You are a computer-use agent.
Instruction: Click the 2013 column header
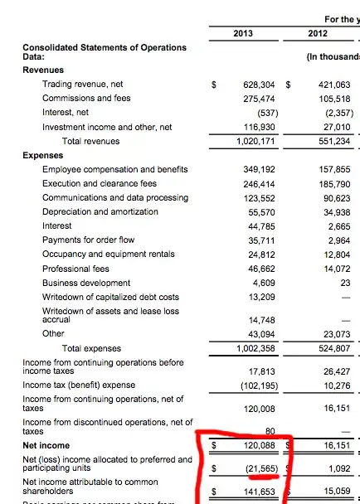pyautogui.click(x=243, y=33)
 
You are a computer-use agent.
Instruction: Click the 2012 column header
pyautogui.click(x=317, y=33)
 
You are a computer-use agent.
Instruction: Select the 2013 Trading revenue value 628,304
pyautogui.click(x=259, y=85)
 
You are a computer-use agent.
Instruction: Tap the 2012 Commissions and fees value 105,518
pyautogui.click(x=334, y=99)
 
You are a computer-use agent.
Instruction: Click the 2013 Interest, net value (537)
pyautogui.click(x=264, y=113)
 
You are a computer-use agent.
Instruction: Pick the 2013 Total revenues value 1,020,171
pyautogui.click(x=255, y=142)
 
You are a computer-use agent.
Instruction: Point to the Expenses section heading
pyautogui.click(x=43, y=155)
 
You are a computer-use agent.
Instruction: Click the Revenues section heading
pyautogui.click(x=43, y=70)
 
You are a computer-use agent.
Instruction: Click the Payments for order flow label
pyautogui.click(x=89, y=240)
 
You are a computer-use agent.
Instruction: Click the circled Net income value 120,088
pyautogui.click(x=259, y=444)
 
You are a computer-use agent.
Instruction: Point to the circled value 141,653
pyautogui.click(x=259, y=492)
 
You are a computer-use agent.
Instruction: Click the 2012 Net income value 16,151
pyautogui.click(x=337, y=444)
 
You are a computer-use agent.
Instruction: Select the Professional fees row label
pyautogui.click(x=75, y=268)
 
